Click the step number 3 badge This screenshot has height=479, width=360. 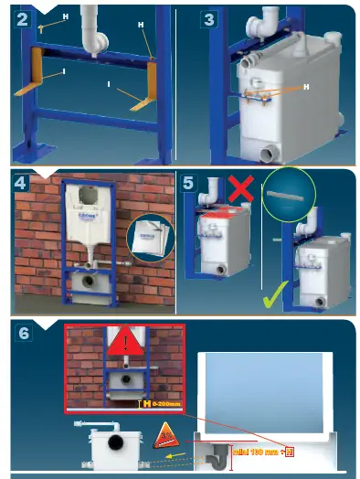pos(210,17)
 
